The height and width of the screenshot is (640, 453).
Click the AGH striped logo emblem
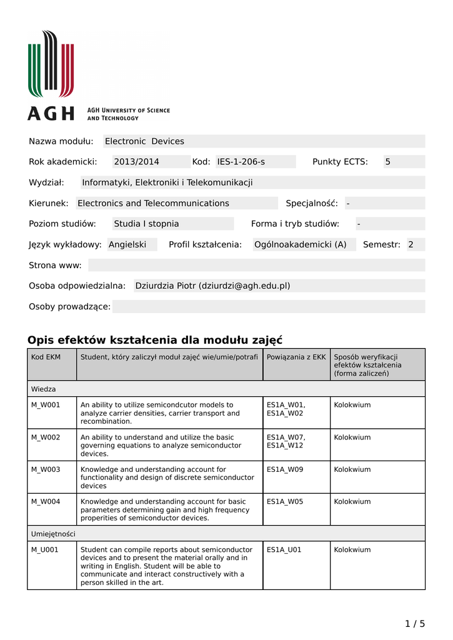[x=51, y=64]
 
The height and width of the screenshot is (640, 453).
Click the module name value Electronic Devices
[x=144, y=141]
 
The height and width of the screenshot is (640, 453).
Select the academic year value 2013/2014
[x=136, y=162]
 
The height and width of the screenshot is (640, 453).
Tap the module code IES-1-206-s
[x=241, y=162]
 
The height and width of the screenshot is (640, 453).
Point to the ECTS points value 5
[x=387, y=162]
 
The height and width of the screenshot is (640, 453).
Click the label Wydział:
[x=47, y=182]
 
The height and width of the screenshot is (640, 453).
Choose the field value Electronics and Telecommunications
[x=153, y=203]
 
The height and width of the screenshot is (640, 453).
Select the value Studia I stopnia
[x=146, y=224]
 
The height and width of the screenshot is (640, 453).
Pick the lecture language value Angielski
[x=127, y=244]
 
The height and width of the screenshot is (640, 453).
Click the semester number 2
[x=411, y=244]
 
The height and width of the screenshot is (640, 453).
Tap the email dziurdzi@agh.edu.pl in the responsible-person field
[x=244, y=286]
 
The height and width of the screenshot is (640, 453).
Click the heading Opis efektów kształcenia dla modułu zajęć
[x=155, y=340]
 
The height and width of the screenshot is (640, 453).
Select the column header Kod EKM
[x=46, y=357]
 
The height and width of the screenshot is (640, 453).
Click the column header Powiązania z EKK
[x=296, y=357]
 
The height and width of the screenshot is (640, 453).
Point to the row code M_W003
[x=46, y=469]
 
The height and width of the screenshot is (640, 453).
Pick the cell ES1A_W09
[x=285, y=469]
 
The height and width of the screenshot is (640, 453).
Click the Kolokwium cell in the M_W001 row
[x=352, y=405]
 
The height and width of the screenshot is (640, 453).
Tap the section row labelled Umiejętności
[x=53, y=534]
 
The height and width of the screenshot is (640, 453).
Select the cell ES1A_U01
[x=284, y=550]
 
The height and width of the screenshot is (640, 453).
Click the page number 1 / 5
[x=415, y=623]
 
